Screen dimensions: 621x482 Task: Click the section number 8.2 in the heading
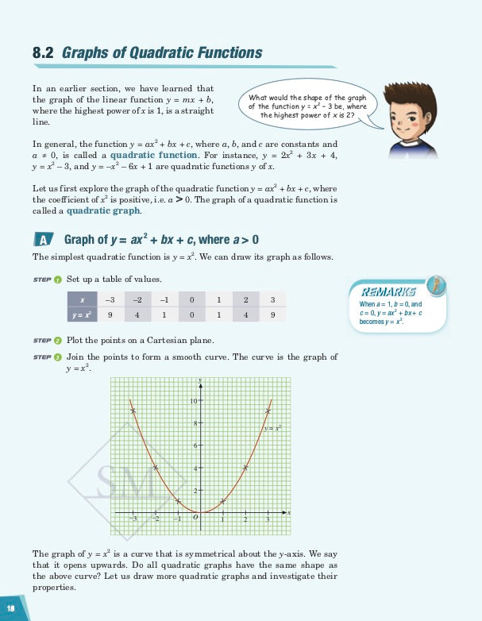(43, 53)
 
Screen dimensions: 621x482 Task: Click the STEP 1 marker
(48, 280)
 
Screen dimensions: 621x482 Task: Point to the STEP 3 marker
(48, 357)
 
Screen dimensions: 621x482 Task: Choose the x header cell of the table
(83, 299)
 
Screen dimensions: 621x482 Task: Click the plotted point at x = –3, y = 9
(133, 410)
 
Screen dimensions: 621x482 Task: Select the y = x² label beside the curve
(273, 427)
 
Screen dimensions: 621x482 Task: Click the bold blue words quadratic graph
(103, 211)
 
